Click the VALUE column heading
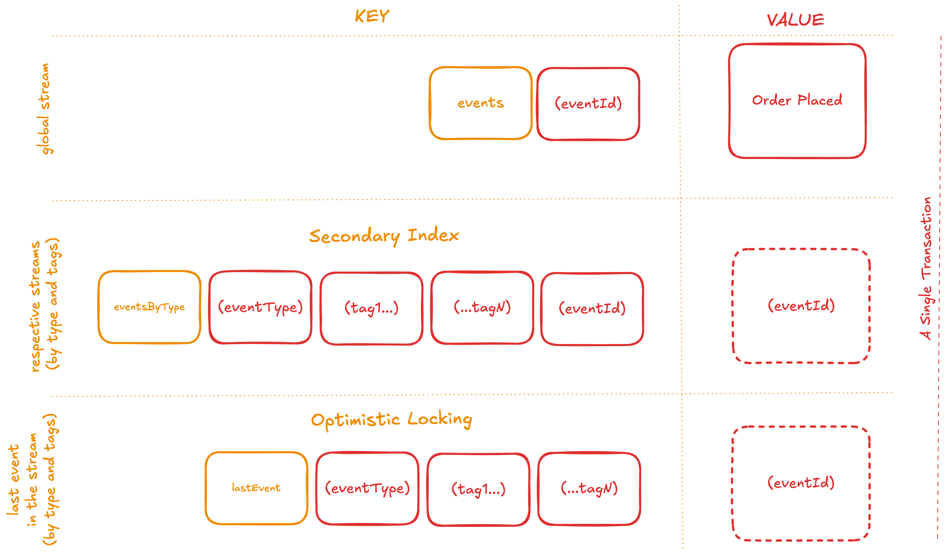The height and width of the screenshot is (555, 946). pyautogui.click(x=795, y=20)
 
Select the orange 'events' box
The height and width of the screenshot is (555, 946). pyautogui.click(x=481, y=103)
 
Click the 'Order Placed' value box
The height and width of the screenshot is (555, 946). pyautogui.click(x=797, y=101)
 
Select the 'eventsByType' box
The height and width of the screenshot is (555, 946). pyautogui.click(x=149, y=307)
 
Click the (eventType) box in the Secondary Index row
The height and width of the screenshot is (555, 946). pyautogui.click(x=260, y=307)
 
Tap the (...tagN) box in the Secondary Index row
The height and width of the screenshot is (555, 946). pyautogui.click(x=482, y=308)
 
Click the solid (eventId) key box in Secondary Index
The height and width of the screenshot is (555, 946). pyautogui.click(x=592, y=309)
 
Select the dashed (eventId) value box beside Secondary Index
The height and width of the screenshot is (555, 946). pyautogui.click(x=801, y=306)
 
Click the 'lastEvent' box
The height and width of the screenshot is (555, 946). pyautogui.click(x=256, y=488)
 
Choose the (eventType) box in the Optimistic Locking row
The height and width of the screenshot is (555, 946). pyautogui.click(x=367, y=488)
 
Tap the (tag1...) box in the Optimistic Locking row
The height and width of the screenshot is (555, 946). pyautogui.click(x=478, y=489)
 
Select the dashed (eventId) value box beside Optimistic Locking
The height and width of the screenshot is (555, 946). pyautogui.click(x=801, y=483)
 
